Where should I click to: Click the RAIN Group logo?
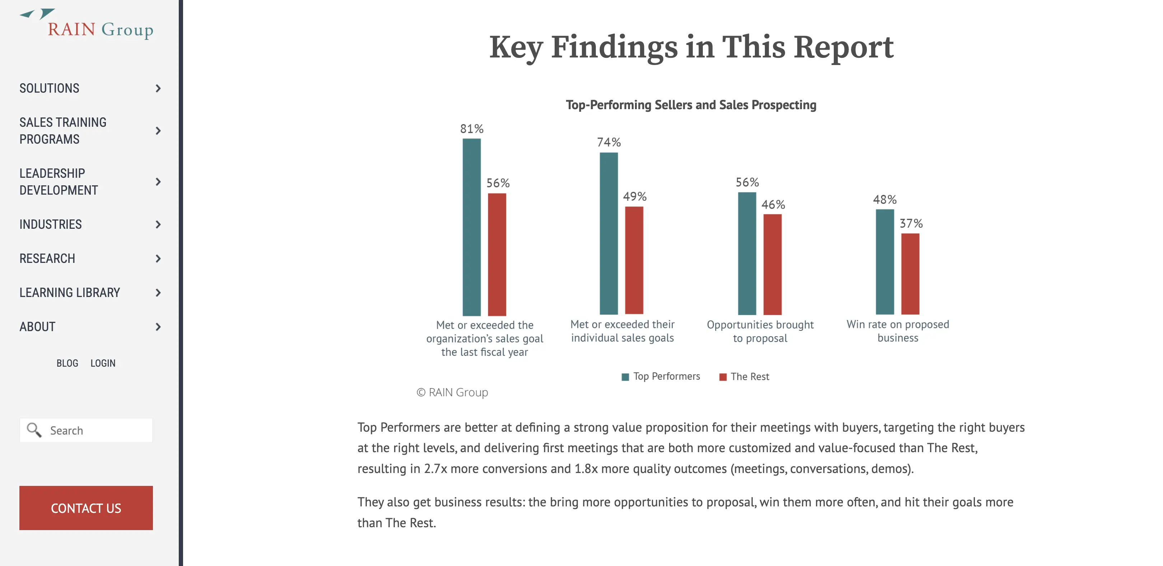click(87, 24)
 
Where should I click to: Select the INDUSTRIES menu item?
click(51, 224)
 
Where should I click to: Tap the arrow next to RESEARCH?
click(158, 258)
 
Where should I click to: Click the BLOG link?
click(67, 363)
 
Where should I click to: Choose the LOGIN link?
click(103, 363)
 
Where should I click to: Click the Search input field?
click(86, 430)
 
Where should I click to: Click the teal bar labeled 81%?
click(472, 227)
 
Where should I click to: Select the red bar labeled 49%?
click(634, 260)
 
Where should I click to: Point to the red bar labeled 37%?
click(910, 274)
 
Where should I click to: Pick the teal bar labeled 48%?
click(885, 262)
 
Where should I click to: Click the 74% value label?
click(608, 142)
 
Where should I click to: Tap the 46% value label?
click(773, 205)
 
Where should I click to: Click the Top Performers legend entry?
click(661, 376)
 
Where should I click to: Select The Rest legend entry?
click(744, 377)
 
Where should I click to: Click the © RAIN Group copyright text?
click(452, 392)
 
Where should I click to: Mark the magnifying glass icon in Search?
click(34, 430)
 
